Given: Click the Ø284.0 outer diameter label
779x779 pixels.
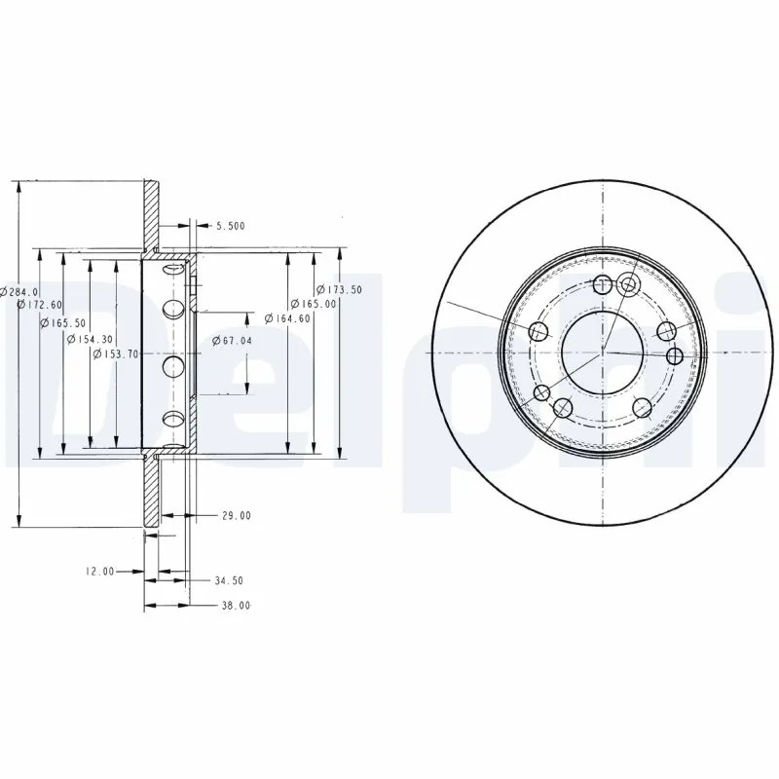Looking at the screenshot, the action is coord(19,291).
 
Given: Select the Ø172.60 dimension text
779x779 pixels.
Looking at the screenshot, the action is coord(40,304).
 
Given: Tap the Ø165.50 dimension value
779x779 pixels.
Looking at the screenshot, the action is coord(63,323).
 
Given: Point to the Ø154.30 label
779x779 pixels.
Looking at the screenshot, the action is coord(90,339).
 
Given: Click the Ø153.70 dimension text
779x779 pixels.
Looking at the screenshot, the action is coord(116,353).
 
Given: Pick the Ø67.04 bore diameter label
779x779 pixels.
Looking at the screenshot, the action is coord(232,340).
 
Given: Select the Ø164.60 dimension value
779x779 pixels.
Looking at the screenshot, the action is coord(287,318).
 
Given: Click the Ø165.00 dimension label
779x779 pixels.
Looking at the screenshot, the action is coord(314,303).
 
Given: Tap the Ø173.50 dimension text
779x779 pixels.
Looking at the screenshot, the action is coord(340,289).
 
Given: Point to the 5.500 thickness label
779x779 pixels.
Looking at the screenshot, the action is coord(231,226).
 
